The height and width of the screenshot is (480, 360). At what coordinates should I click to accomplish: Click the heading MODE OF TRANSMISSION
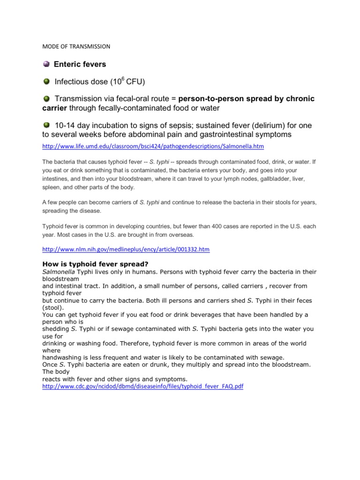click(x=76, y=46)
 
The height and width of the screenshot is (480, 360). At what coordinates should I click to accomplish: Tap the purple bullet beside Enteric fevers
click(x=46, y=64)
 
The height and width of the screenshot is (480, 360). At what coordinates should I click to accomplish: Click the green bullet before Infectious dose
click(x=46, y=82)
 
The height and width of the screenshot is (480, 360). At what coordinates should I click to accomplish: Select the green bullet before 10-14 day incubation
click(x=46, y=125)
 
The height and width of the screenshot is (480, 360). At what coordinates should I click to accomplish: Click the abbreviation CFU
click(x=134, y=82)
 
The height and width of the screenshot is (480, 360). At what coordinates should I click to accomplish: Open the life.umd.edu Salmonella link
click(x=153, y=147)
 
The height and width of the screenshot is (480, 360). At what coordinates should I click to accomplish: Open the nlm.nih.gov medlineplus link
click(x=126, y=249)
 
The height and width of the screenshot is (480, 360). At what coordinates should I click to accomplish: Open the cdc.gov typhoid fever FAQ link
click(x=143, y=386)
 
